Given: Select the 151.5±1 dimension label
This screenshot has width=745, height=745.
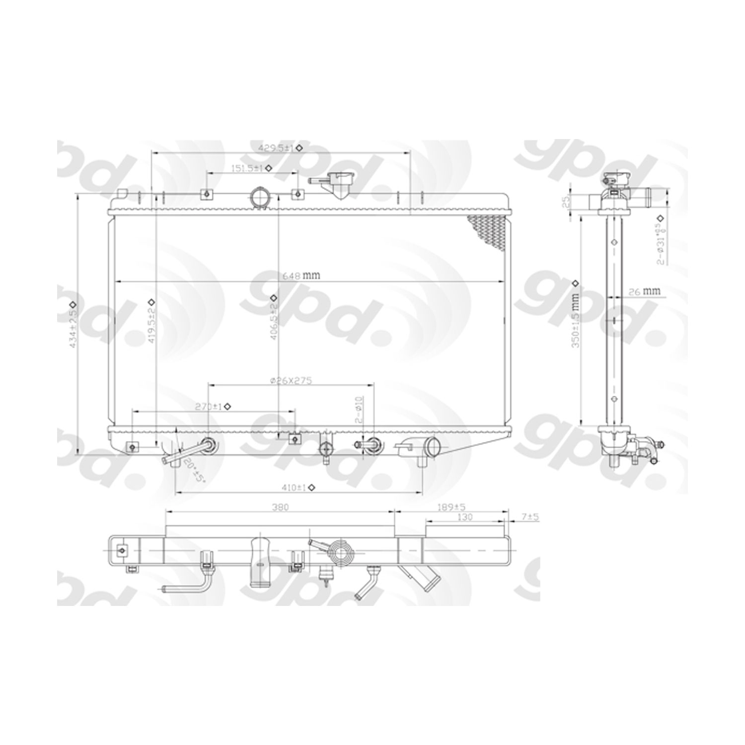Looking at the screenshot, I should coord(246,168).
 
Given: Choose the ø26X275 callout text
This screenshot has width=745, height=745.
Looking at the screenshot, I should coord(291,380).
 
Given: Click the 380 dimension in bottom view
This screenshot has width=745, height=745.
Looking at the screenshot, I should coord(280,507).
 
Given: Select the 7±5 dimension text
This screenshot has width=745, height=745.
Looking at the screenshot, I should coord(530,517).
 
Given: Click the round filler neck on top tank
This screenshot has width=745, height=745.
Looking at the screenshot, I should coord(260,197).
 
